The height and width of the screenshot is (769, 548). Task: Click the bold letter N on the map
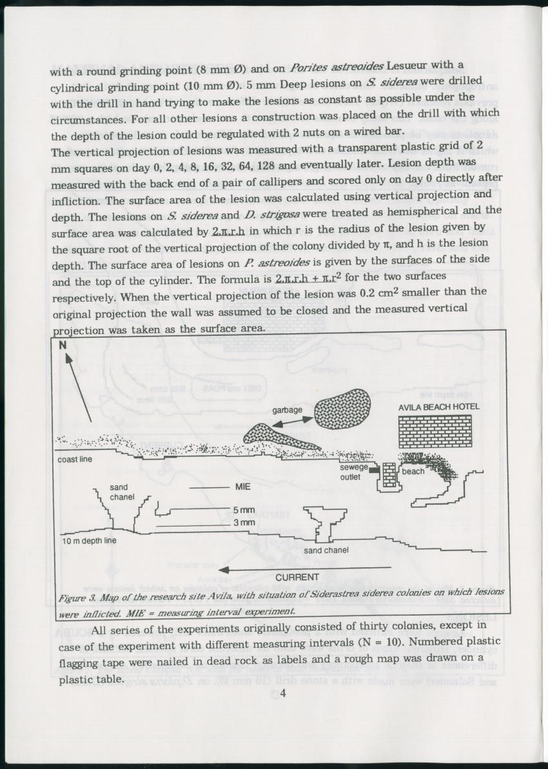(x=63, y=344)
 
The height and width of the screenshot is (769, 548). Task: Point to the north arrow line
(x=79, y=386)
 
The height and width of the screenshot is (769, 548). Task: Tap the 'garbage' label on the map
(x=288, y=410)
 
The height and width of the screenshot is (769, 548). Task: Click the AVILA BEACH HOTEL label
(x=438, y=407)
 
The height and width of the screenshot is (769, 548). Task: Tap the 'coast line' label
(x=75, y=460)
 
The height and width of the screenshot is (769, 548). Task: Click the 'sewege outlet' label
(x=354, y=472)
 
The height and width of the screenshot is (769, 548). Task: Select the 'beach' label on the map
(x=413, y=471)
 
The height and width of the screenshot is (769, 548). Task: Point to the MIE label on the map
(x=243, y=487)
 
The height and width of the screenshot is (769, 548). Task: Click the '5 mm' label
(x=244, y=510)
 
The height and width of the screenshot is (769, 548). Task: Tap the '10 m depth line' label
(x=90, y=540)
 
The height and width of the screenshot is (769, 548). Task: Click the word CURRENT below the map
(x=297, y=577)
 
